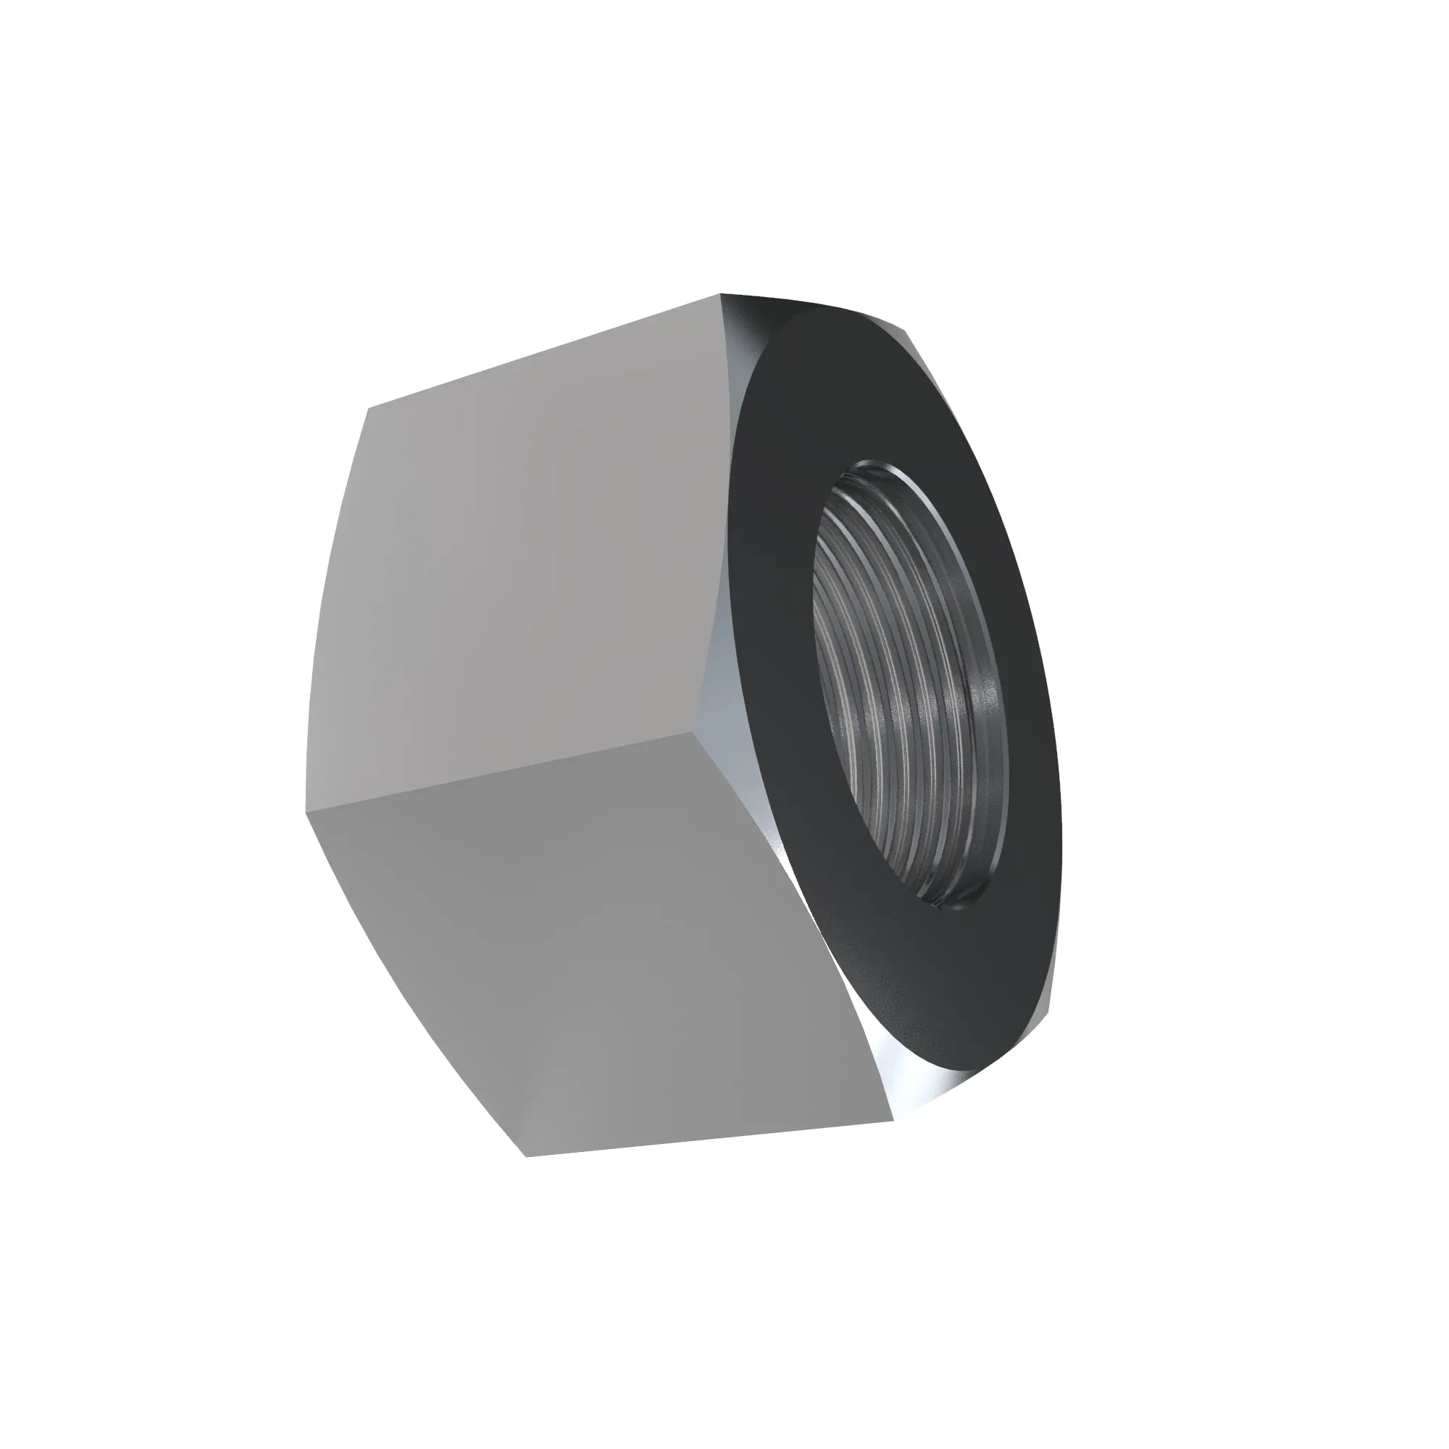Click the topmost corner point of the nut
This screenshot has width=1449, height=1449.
[x=720, y=294]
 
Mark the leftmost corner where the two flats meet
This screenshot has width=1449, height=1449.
[x=306, y=812]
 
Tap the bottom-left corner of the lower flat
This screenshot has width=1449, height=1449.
[x=527, y=1156]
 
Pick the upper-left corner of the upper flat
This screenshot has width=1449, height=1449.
[x=367, y=409]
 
